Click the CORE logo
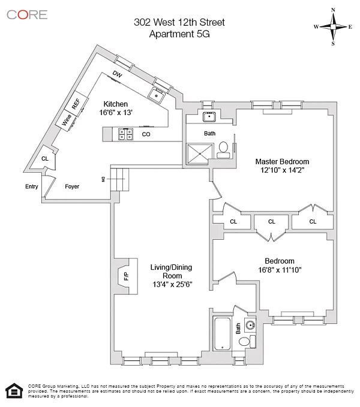(27, 15)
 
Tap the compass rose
(333, 26)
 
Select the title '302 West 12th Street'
(179, 23)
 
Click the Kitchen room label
(115, 104)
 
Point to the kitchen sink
(158, 94)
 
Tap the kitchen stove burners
(126, 134)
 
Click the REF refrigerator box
(76, 103)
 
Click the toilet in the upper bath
(222, 147)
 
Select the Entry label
(31, 186)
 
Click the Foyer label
(72, 186)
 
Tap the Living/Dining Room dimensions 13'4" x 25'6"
(172, 285)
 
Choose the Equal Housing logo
(13, 390)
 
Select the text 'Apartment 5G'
(179, 34)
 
